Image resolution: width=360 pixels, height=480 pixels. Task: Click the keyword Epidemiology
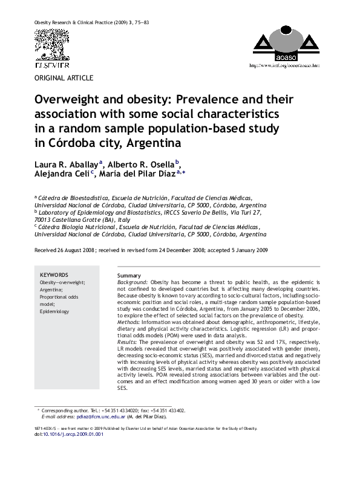[54, 312]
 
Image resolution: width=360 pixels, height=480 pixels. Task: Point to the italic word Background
[131, 282]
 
